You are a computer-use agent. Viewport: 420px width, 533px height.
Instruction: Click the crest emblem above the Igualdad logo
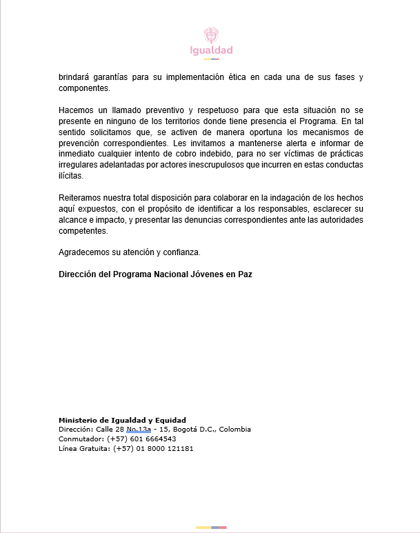pyautogui.click(x=211, y=35)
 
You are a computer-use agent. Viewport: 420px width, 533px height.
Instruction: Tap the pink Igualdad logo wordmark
pyautogui.click(x=211, y=50)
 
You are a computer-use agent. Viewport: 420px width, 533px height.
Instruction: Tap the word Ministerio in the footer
pyautogui.click(x=77, y=420)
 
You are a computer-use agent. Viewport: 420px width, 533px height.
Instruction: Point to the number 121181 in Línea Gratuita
pyautogui.click(x=177, y=448)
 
